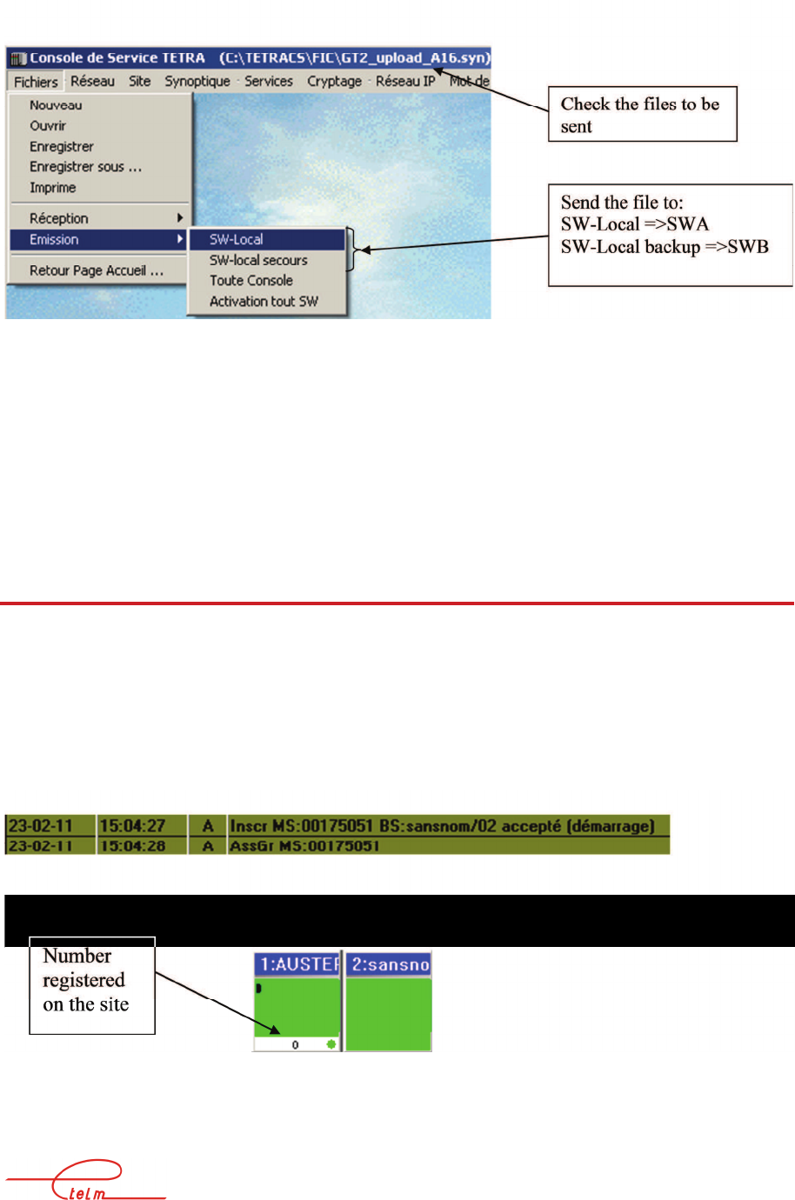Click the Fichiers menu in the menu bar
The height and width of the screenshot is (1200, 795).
click(36, 82)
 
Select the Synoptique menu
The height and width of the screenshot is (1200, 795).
click(197, 81)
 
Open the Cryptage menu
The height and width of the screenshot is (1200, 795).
click(334, 81)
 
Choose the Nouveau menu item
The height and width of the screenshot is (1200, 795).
click(56, 105)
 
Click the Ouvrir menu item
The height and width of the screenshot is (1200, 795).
click(48, 125)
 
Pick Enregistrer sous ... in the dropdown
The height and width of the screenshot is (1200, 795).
click(85, 167)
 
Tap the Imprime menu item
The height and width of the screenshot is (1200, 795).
click(53, 188)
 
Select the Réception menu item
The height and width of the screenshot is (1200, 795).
click(59, 218)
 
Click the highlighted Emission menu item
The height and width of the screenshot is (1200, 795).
click(54, 239)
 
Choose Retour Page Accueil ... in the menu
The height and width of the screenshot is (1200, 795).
click(97, 270)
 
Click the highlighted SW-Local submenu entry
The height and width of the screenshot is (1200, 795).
click(237, 239)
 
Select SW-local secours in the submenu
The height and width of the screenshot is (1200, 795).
click(258, 260)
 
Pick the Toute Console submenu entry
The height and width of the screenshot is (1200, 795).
click(251, 281)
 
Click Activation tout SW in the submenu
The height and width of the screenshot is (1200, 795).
click(264, 302)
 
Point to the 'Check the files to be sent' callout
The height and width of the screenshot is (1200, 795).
click(642, 114)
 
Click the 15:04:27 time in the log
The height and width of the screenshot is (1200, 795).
click(132, 825)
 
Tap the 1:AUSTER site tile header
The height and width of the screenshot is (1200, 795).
click(297, 964)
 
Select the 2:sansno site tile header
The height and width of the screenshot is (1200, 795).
click(389, 964)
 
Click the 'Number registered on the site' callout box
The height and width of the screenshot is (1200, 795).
click(92, 984)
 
